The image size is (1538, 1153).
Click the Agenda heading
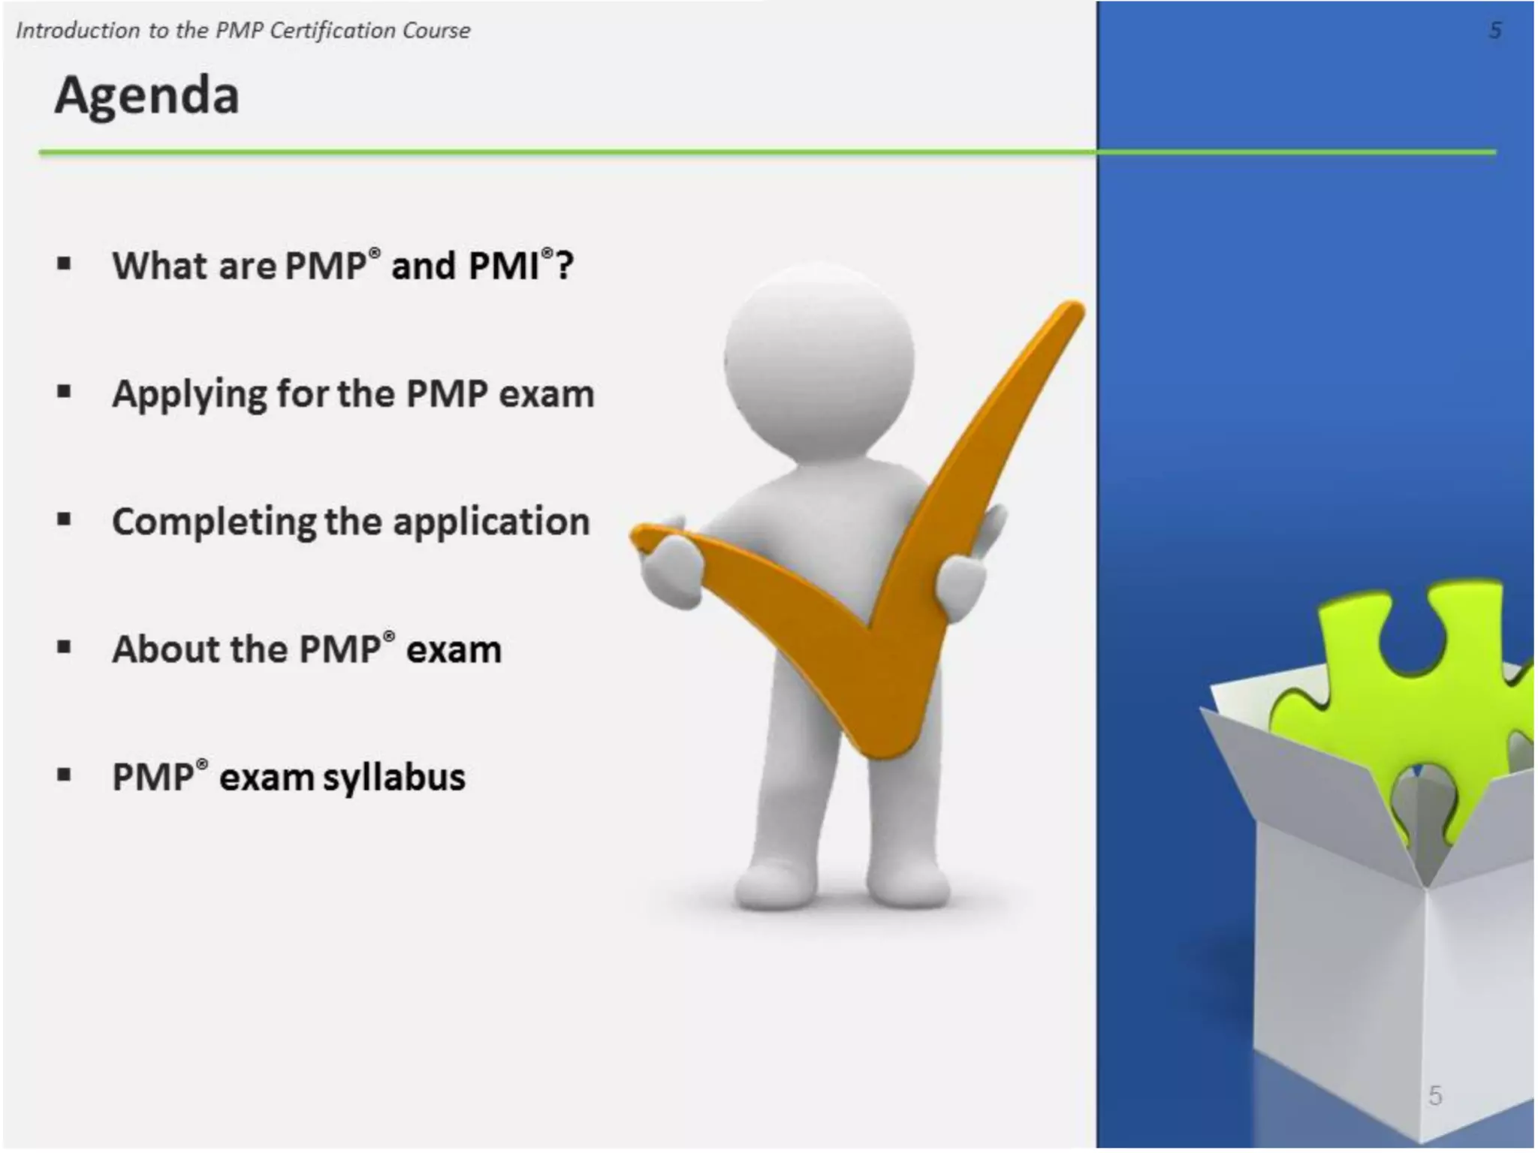click(147, 96)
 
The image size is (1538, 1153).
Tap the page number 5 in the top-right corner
click(1494, 31)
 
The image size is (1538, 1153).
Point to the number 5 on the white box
click(1435, 1095)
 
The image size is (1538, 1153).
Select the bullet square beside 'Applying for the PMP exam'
click(64, 391)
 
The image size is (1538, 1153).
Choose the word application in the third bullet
click(491, 522)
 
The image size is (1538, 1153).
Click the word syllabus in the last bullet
click(394, 778)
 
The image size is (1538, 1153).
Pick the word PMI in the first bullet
click(504, 266)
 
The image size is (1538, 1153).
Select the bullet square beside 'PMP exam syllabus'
click(64, 775)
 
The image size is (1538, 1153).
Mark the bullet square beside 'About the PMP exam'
click(64, 647)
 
